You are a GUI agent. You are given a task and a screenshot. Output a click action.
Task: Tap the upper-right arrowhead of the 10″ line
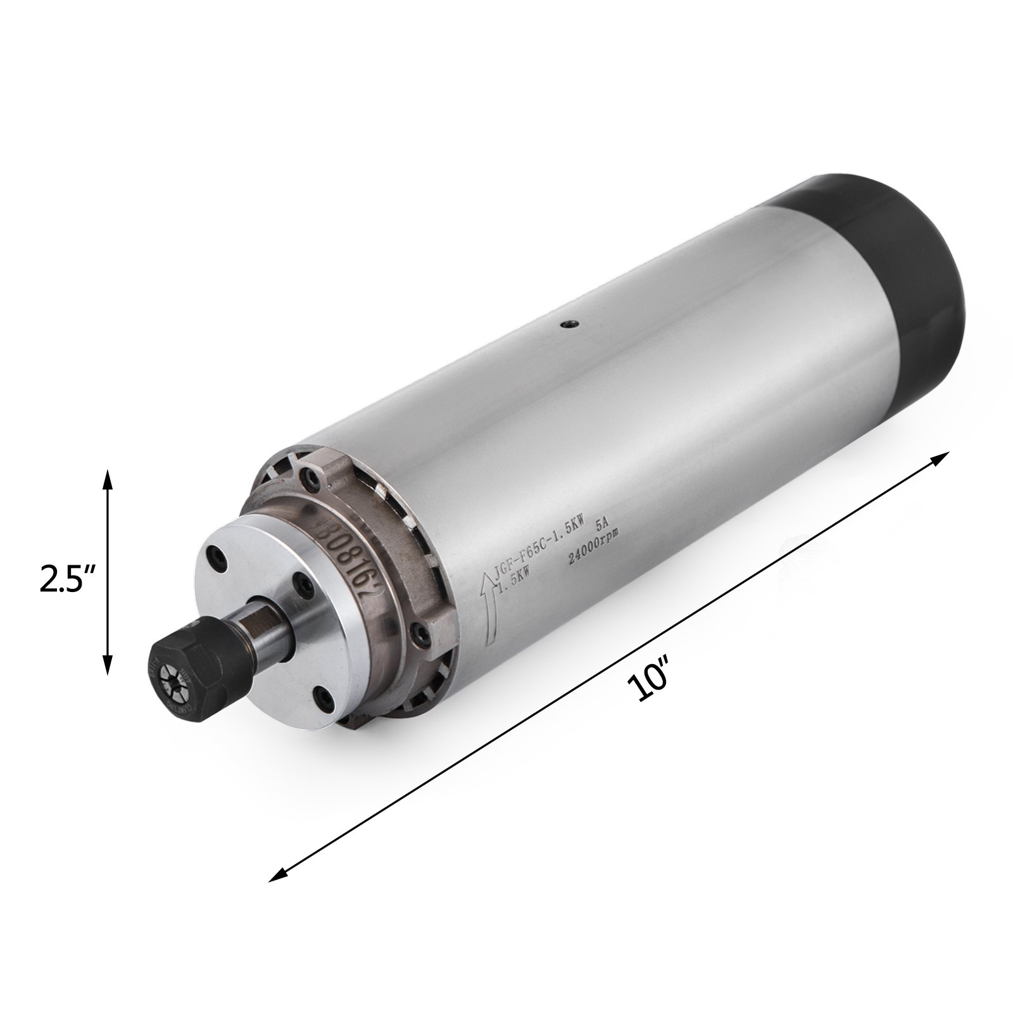pos(945,456)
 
